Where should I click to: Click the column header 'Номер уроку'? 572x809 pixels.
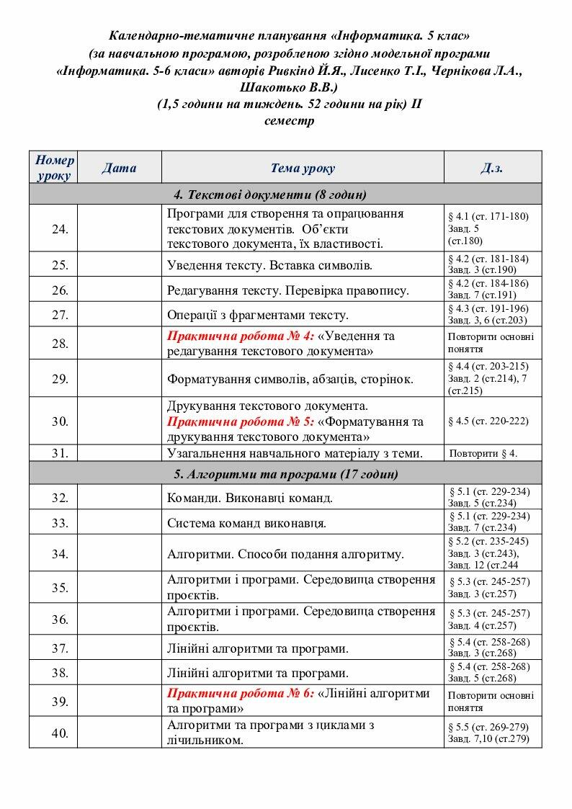54,167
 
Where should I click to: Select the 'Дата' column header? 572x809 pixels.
119,168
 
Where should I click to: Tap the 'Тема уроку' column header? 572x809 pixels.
303,168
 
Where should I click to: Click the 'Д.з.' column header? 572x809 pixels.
492,168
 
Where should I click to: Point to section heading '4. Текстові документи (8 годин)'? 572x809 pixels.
269,195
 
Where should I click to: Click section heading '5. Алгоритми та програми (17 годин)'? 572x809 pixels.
285,474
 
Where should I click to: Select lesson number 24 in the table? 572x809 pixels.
61,229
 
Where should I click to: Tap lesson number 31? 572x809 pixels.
61,453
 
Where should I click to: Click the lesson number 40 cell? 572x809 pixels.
61,733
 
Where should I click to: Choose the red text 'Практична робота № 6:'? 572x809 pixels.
241,693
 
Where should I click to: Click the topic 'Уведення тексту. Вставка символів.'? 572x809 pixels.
269,265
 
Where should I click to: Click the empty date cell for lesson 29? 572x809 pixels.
119,379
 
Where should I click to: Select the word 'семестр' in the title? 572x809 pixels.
289,120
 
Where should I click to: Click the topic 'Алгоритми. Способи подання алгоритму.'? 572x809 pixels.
285,554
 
